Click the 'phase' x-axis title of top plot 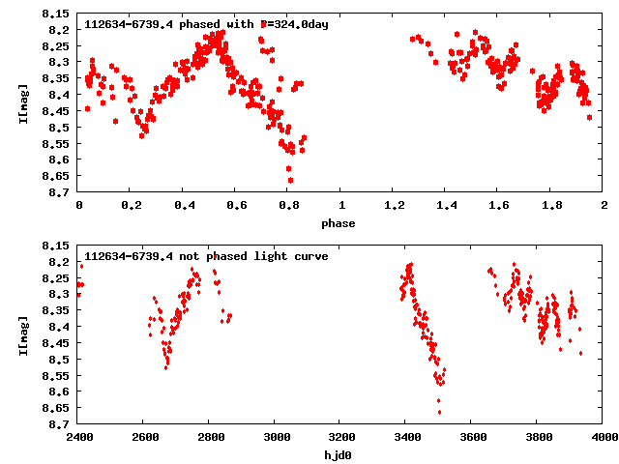coord(339,223)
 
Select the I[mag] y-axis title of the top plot coord(23,102)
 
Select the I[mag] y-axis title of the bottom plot coord(23,334)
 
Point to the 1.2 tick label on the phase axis coord(394,206)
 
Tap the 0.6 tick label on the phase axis coord(236,206)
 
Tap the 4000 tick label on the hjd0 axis coord(604,437)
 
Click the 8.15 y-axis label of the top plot coord(56,14)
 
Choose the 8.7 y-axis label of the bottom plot coord(60,424)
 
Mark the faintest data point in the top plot coord(290,180)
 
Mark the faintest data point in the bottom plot coord(439,412)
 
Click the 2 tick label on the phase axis coord(604,206)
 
